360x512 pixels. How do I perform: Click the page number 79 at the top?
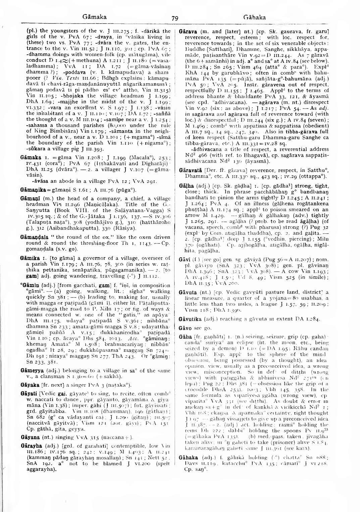click(x=175, y=18)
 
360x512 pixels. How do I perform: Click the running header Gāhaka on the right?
click(x=254, y=17)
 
